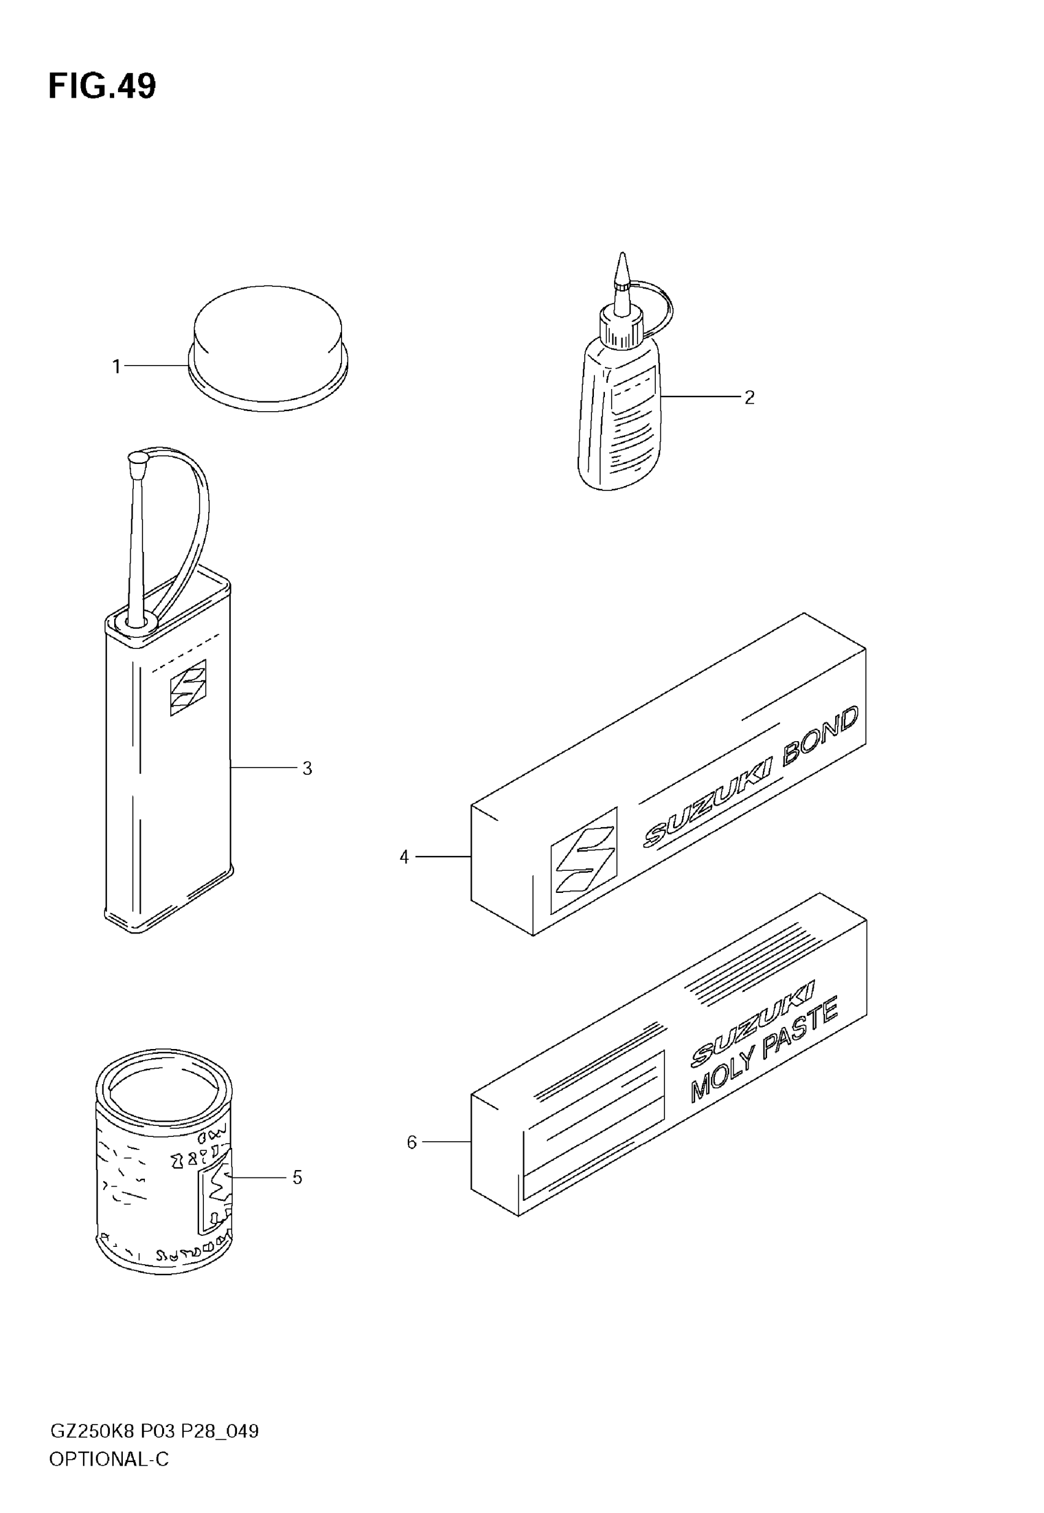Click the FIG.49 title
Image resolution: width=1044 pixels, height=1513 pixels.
pos(102,87)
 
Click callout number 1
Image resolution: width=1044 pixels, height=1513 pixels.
pos(117,366)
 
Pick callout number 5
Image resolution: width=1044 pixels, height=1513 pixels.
pos(297,1178)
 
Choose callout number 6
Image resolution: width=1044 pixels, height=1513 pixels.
pos(411,1142)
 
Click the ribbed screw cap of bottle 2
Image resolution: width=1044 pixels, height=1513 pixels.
pos(621,329)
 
